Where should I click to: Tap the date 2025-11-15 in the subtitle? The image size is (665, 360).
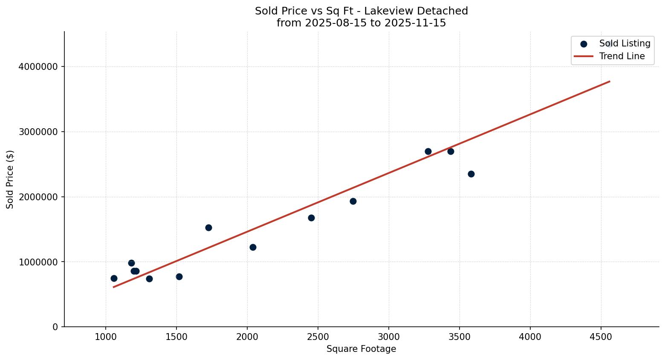pyautogui.click(x=415, y=23)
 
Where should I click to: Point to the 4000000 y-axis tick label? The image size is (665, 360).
pyautogui.click(x=38, y=67)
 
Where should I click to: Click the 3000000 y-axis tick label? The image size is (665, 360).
pyautogui.click(x=38, y=132)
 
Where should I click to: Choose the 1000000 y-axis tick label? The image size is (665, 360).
pyautogui.click(x=38, y=262)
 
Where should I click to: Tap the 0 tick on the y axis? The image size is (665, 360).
pyautogui.click(x=55, y=327)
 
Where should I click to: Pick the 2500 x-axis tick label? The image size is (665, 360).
pyautogui.click(x=318, y=337)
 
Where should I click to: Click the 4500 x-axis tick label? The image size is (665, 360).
pyautogui.click(x=601, y=337)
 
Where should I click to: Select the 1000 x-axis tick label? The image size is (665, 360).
pyautogui.click(x=106, y=337)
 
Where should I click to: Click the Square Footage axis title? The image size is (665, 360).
pyautogui.click(x=361, y=349)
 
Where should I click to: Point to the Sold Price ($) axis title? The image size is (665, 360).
pyautogui.click(x=10, y=179)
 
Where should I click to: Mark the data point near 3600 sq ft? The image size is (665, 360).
pyautogui.click(x=471, y=174)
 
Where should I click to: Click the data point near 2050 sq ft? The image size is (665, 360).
pyautogui.click(x=253, y=247)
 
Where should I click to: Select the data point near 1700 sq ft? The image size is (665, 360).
pyautogui.click(x=208, y=228)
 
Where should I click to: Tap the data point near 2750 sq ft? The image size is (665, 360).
pyautogui.click(x=353, y=201)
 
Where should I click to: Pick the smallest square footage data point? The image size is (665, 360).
pyautogui.click(x=114, y=278)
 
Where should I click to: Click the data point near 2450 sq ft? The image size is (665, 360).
pyautogui.click(x=311, y=218)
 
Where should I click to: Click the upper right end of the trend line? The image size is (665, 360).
pyautogui.click(x=609, y=81)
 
